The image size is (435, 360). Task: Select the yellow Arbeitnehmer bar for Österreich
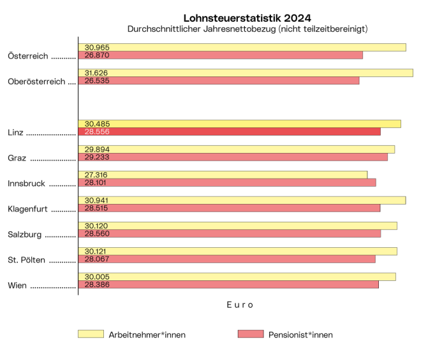click(x=242, y=47)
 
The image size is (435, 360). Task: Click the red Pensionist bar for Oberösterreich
click(x=218, y=81)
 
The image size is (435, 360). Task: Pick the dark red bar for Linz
click(x=229, y=132)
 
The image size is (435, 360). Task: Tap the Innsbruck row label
click(x=27, y=184)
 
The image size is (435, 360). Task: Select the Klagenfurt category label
click(x=29, y=209)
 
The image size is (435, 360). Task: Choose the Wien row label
click(x=17, y=285)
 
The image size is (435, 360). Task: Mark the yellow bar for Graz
click(x=236, y=149)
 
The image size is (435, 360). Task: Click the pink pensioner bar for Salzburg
click(x=229, y=234)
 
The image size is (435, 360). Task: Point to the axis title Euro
click(x=240, y=305)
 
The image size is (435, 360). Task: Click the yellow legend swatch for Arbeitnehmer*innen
click(x=91, y=334)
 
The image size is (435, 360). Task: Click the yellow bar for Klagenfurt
click(x=242, y=200)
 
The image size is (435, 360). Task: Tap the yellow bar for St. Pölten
click(x=237, y=251)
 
